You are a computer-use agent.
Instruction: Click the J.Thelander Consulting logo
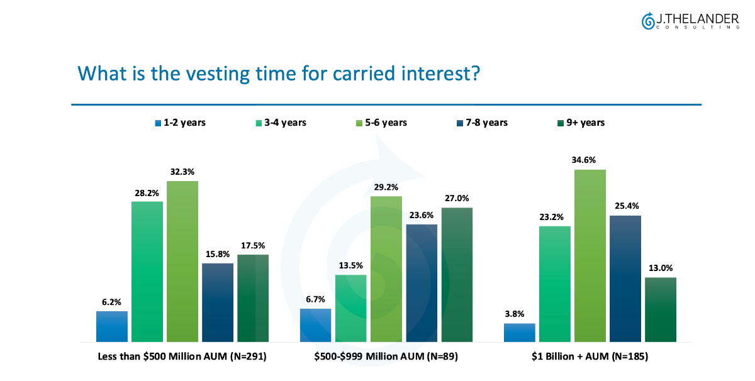pos(690,21)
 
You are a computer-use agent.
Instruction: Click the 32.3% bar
pos(182,261)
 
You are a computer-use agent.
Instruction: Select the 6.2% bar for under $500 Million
pos(112,326)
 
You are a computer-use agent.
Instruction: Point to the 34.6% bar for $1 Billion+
pos(590,255)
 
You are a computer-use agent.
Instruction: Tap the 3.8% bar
pos(520,333)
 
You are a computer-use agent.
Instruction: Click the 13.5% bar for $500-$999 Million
pos(351,308)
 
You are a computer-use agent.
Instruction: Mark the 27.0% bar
pos(457,274)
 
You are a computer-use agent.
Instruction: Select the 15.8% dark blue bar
pos(218,302)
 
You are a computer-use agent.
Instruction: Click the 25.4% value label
pos(625,204)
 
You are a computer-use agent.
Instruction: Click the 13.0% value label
pos(661,267)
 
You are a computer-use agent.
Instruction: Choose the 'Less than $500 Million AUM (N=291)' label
pos(182,356)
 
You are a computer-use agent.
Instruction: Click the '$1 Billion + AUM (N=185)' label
pos(590,356)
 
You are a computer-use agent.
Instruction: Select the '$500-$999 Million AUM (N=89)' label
pos(386,356)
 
